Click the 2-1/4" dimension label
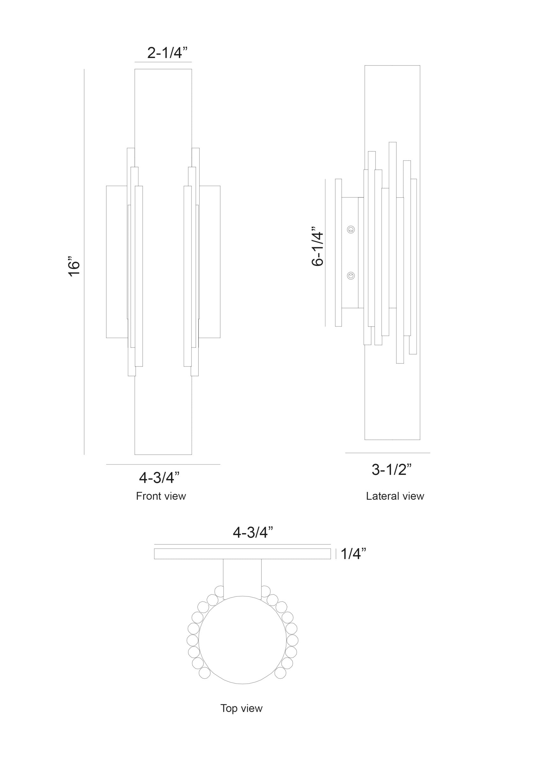click(x=167, y=53)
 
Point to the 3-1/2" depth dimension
click(x=392, y=470)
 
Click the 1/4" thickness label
click(x=353, y=554)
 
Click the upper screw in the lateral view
click(x=350, y=229)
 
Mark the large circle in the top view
click(x=242, y=640)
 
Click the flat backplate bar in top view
click(x=242, y=554)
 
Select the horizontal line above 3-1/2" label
click(x=387, y=453)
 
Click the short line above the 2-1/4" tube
click(x=163, y=62)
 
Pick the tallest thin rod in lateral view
click(x=393, y=225)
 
